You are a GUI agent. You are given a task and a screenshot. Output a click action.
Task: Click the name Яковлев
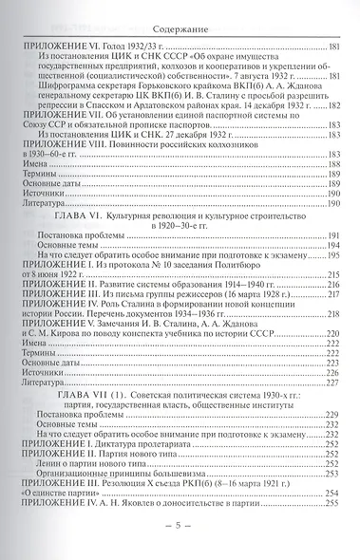point(130,501)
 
